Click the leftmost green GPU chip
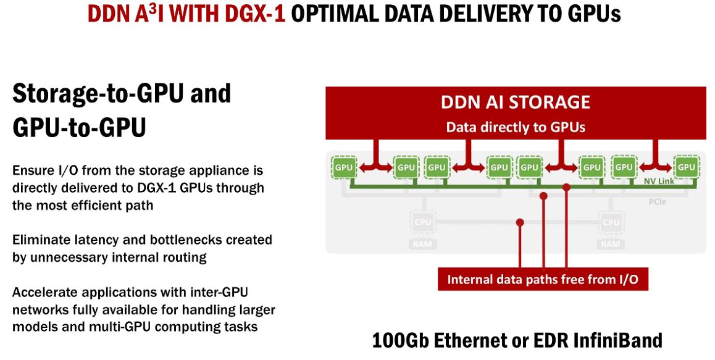click(x=343, y=167)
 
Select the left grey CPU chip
click(x=423, y=222)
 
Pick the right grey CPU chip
click(x=611, y=222)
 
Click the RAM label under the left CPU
click(x=423, y=245)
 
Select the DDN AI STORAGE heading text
click(x=516, y=102)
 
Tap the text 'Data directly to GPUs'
click(x=516, y=128)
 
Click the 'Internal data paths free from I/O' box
click(x=543, y=280)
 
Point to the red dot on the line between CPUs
click(x=520, y=222)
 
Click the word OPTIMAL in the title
click(x=339, y=14)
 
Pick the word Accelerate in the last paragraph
click(x=46, y=292)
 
